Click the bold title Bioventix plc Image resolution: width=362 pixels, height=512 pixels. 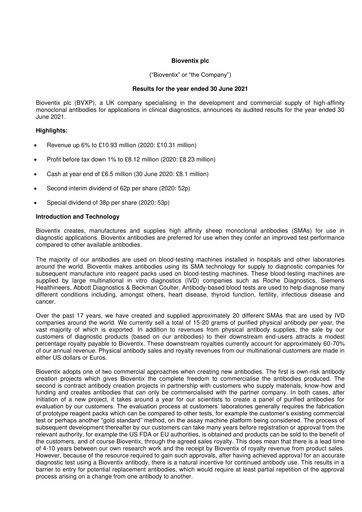[x=181, y=60]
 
